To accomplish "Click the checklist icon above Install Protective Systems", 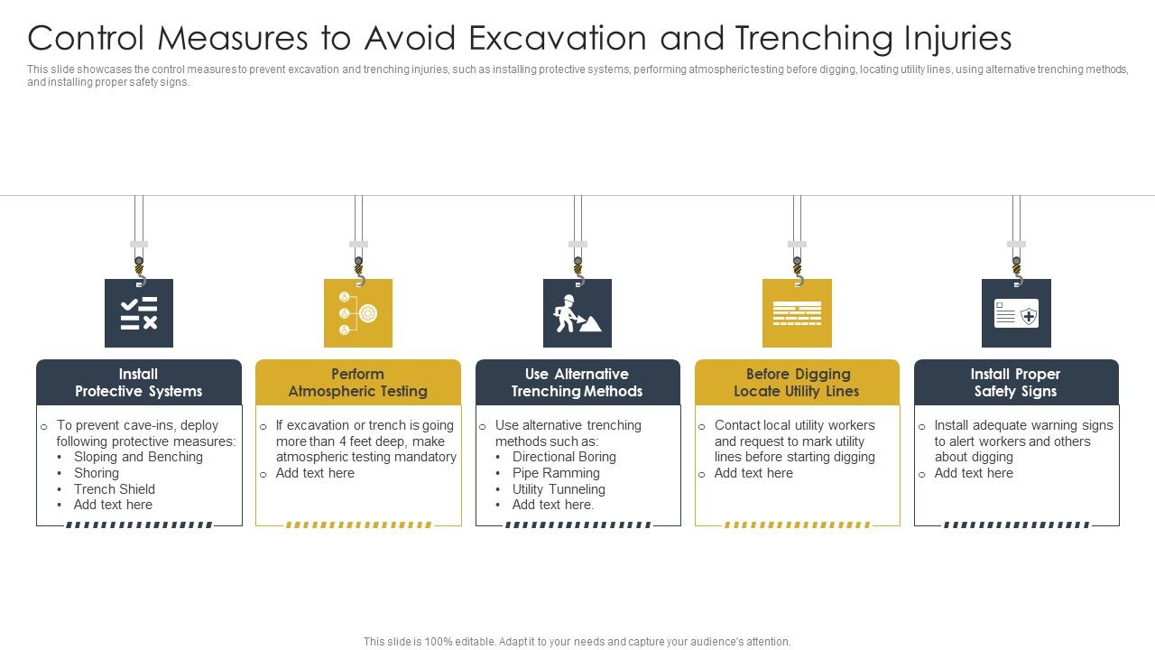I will [139, 313].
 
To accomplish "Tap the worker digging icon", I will [577, 313].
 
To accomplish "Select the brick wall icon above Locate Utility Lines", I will [797, 313].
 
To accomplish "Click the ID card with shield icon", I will [1016, 313].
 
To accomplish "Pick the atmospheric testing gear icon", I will [358, 313].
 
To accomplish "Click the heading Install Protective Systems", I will [139, 383].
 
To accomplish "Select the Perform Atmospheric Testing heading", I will [358, 383].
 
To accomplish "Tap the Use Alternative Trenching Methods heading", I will [577, 383].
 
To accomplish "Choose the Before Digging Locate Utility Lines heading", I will [797, 383].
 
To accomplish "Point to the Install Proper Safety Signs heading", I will [1016, 383].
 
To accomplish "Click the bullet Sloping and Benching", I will [138, 457].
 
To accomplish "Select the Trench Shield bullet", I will [115, 489].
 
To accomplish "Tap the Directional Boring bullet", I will [564, 457].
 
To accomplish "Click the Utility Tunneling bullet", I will [559, 489].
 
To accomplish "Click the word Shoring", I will [97, 473].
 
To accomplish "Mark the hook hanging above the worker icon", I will [577, 268].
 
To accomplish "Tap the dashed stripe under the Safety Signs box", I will [1016, 525].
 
